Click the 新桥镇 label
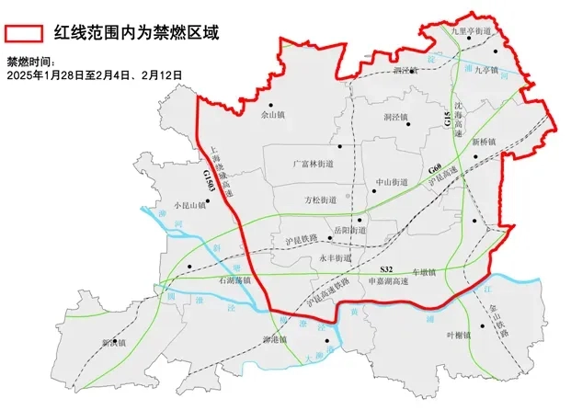click(485, 142)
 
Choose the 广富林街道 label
click(311, 162)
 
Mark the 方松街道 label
click(320, 199)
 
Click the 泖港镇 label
click(276, 340)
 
